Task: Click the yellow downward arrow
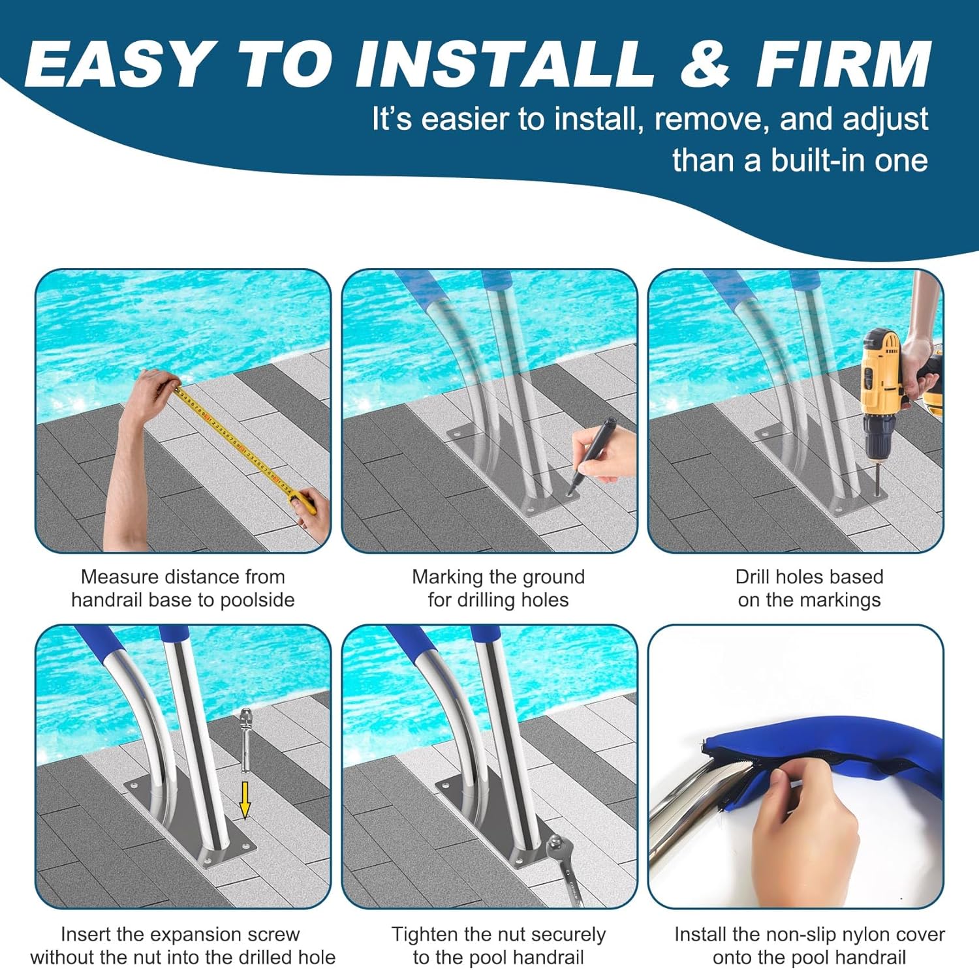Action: (245, 800)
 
